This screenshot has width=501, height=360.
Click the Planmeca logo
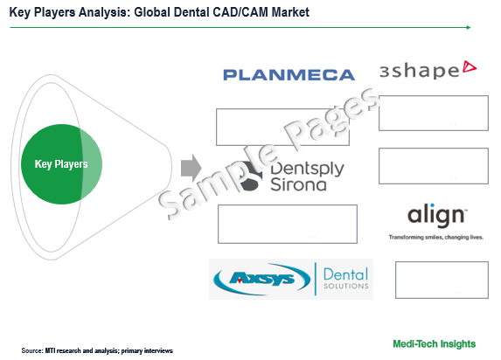coord(289,75)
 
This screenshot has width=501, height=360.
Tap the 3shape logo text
coord(420,71)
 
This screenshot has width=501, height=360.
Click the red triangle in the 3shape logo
coord(470,66)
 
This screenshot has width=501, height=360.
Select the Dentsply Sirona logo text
coord(307,177)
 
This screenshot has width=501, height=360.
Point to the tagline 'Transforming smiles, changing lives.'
coord(435,237)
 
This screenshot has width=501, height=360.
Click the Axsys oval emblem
coord(261,279)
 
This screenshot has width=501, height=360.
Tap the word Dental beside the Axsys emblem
coord(345,274)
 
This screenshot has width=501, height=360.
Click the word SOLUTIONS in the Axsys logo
coord(346,286)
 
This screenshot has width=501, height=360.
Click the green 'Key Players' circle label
coord(61,164)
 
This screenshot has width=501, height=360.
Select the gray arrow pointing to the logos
coord(191,168)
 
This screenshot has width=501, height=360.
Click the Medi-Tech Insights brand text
coord(434,343)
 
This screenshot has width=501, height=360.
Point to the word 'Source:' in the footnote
coord(32,350)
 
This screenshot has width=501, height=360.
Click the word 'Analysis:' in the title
coord(104,12)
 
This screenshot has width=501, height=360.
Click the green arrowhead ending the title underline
coord(469,27)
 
